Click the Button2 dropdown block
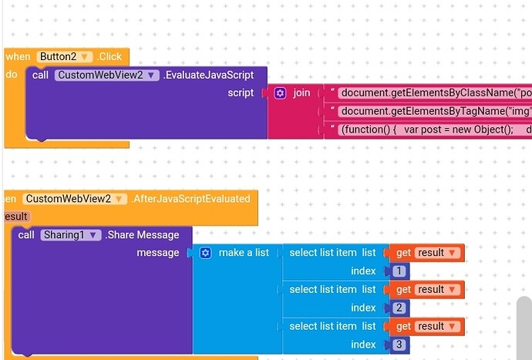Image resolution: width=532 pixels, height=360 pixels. tap(64, 57)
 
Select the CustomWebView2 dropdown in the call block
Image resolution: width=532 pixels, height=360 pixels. tap(106, 76)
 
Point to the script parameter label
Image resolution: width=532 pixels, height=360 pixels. tap(241, 93)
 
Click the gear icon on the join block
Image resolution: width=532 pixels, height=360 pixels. tap(280, 93)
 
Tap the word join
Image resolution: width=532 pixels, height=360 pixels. tap(301, 93)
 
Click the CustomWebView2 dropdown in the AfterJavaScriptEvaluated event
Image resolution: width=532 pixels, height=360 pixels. tap(74, 199)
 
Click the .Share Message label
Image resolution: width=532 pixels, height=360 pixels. tap(142, 235)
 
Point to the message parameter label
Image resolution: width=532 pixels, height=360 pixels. tap(158, 253)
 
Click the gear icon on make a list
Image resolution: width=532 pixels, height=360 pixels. tap(206, 253)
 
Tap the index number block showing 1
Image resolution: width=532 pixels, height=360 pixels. tap(399, 271)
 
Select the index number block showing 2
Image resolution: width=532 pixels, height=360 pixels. tap(399, 308)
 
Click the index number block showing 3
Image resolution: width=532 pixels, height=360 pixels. tap(399, 345)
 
